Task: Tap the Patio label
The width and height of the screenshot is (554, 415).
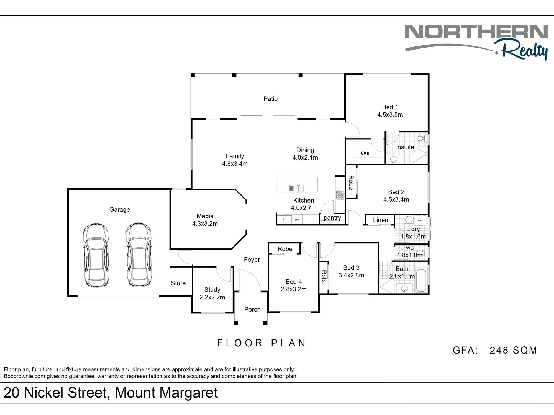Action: click(270, 99)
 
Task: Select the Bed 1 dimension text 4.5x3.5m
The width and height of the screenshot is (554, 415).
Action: click(390, 115)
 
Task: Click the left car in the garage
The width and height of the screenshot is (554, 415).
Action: click(96, 255)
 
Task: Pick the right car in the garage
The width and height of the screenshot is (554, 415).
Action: click(138, 255)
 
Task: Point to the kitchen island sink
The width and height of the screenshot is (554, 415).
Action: click(296, 188)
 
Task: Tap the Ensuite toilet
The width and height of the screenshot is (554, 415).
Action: click(420, 138)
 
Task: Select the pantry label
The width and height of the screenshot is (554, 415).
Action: click(332, 218)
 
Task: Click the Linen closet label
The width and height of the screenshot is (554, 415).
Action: click(380, 220)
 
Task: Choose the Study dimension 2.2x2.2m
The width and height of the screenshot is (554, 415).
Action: click(212, 297)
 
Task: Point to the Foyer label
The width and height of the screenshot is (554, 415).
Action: click(252, 260)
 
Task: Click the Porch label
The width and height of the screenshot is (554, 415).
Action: click(252, 309)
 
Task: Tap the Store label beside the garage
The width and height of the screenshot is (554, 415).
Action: click(178, 283)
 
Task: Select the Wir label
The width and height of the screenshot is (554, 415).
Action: click(365, 153)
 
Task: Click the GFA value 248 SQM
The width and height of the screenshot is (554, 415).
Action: click(513, 350)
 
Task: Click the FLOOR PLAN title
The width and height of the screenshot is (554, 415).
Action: click(261, 343)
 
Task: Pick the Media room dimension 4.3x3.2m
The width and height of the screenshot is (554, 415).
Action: click(205, 224)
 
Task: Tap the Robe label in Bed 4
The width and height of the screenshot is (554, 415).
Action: click(285, 249)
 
